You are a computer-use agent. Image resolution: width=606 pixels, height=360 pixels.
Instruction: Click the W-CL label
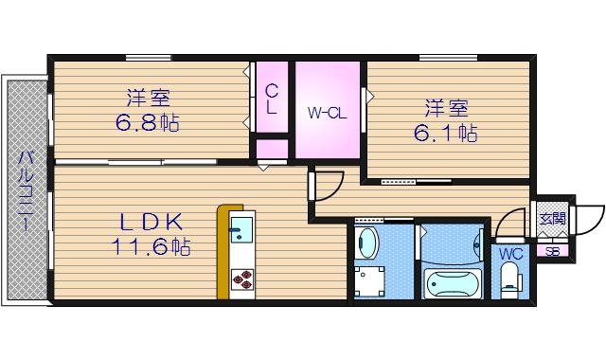point(328,114)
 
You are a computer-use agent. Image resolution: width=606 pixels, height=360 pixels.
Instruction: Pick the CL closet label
point(271,99)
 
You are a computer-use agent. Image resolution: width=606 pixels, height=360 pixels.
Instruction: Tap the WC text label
point(510,254)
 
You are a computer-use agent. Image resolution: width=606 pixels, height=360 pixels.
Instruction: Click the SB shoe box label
point(553,251)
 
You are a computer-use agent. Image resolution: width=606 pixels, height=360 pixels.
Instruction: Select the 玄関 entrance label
point(552,218)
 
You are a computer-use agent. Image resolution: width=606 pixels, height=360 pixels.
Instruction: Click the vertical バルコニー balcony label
point(27,189)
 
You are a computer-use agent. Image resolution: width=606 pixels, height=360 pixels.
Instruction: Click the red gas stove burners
point(241,279)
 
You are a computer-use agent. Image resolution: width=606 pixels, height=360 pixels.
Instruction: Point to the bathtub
point(453,281)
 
